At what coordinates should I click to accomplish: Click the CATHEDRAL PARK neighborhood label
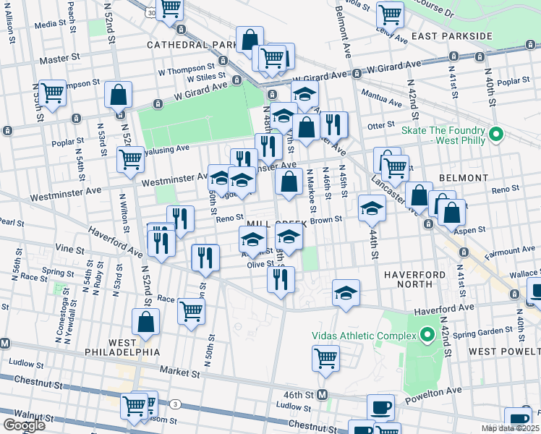[x=192, y=45]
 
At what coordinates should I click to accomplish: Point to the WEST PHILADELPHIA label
[x=134, y=346]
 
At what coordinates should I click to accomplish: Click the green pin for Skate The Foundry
[x=496, y=135]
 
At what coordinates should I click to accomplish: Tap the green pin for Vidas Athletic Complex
[x=426, y=336]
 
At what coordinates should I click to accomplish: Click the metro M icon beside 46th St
[x=323, y=395]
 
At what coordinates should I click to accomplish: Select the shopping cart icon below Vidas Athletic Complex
[x=325, y=357]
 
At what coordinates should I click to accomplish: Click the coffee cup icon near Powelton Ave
[x=380, y=407]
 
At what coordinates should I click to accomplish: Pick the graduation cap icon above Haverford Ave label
[x=346, y=293]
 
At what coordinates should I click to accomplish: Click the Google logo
[x=24, y=425]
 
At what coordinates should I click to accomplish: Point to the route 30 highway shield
[x=150, y=13]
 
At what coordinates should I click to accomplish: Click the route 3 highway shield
[x=175, y=404]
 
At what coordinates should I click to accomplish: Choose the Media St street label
[x=50, y=24]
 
